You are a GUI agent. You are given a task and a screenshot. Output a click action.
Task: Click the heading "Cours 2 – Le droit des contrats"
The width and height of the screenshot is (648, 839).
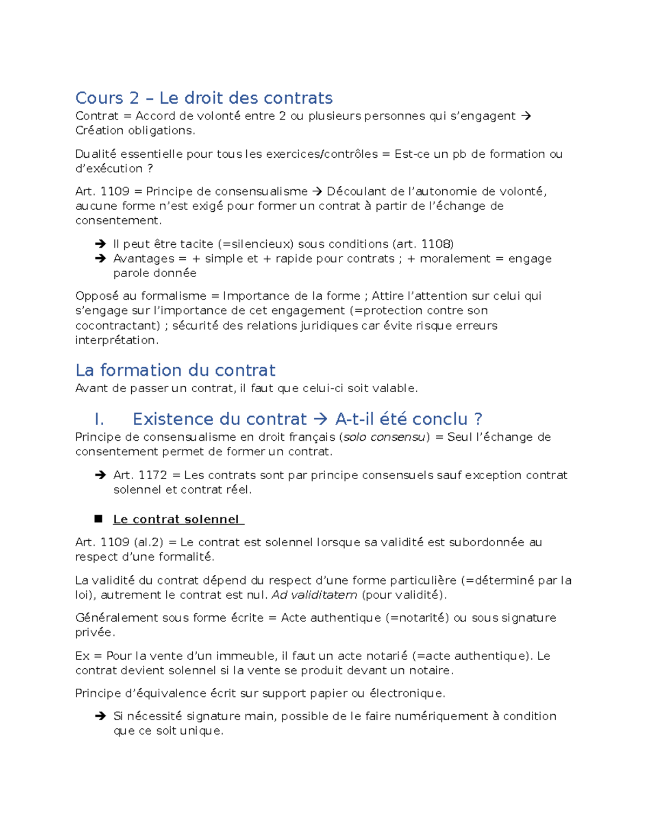[x=204, y=98]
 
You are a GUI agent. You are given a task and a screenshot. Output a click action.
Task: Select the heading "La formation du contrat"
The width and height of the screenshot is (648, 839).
[x=175, y=370]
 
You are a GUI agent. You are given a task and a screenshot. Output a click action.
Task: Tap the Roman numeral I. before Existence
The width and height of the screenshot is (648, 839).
[x=99, y=419]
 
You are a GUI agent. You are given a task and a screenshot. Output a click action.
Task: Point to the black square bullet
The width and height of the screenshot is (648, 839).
[x=98, y=519]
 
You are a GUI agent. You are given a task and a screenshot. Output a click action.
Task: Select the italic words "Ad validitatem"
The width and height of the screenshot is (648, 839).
[x=314, y=595]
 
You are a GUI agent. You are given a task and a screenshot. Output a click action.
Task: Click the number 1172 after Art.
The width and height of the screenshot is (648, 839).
[x=153, y=475]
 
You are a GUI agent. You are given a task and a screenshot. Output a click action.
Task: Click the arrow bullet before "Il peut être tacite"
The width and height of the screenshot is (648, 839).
[x=100, y=244]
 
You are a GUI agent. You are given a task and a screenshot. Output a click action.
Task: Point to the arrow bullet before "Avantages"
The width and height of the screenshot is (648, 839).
[x=100, y=258]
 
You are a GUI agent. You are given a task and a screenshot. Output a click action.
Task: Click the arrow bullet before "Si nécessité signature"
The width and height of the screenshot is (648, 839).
[x=100, y=716]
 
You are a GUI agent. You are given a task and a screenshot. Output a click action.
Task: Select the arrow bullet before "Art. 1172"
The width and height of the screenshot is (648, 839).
[x=100, y=475]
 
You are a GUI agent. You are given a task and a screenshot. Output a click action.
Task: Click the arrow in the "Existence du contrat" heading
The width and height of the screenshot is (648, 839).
[x=320, y=419]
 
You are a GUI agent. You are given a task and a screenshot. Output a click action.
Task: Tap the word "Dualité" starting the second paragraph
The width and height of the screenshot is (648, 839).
[x=96, y=154]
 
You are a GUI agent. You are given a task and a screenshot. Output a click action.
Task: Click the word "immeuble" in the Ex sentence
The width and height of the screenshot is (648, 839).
[x=246, y=656]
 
